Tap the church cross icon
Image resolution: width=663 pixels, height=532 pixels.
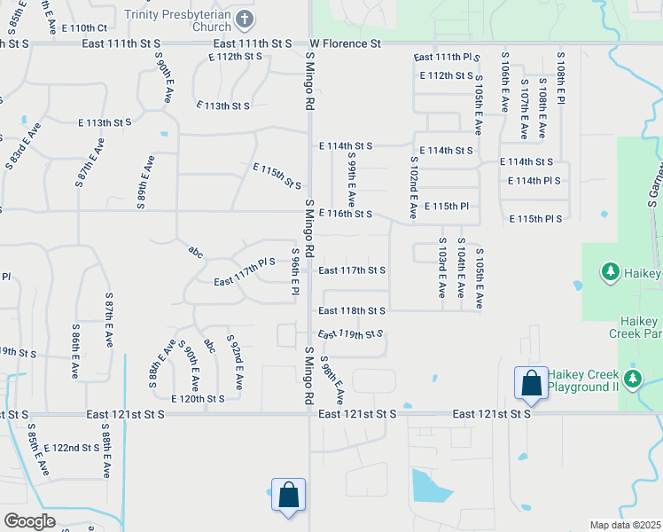click(246, 19)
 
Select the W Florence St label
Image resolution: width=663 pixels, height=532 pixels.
click(345, 43)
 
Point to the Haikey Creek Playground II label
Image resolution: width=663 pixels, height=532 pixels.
click(582, 381)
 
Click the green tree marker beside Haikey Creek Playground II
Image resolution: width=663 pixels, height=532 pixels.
click(632, 380)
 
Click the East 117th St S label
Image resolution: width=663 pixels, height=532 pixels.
click(352, 270)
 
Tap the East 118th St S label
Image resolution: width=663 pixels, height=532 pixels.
click(352, 311)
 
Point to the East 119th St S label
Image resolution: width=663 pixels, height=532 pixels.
click(350, 334)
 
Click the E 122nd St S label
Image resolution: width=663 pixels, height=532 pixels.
click(72, 448)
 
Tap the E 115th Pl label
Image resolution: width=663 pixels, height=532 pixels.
click(452, 206)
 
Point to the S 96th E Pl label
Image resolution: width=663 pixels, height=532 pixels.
click(296, 272)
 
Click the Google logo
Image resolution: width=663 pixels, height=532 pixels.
click(29, 521)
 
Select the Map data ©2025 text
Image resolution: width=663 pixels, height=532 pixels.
click(625, 525)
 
